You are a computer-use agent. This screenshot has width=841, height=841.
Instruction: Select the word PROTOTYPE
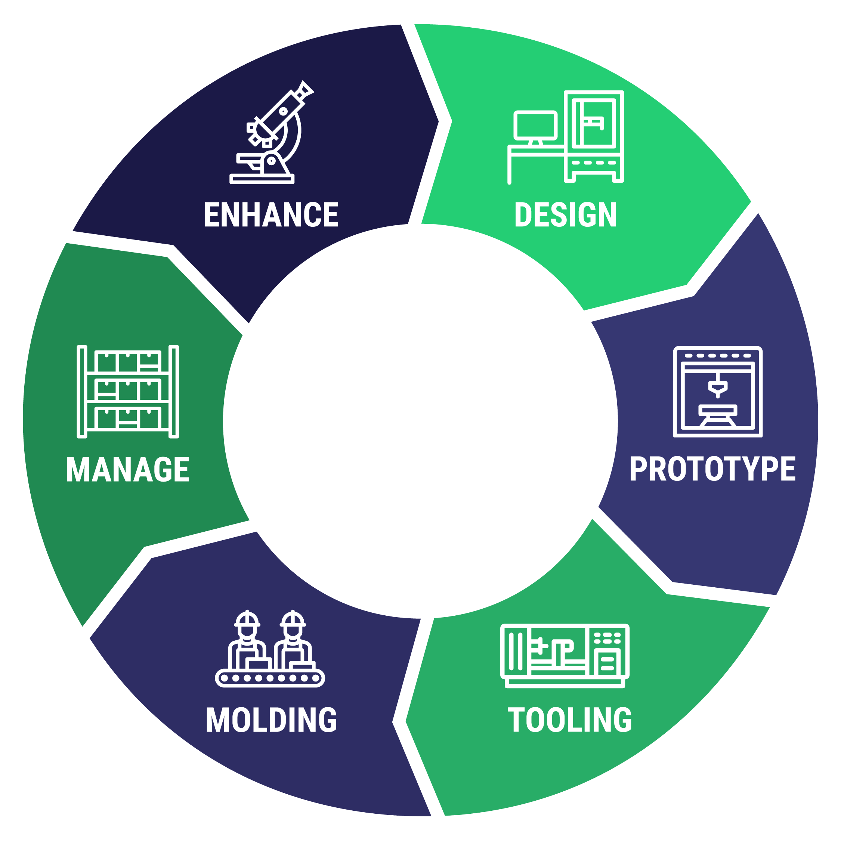click(x=712, y=469)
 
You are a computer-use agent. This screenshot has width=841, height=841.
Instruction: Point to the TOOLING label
click(x=569, y=720)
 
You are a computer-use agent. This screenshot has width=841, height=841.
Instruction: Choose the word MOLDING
click(x=271, y=720)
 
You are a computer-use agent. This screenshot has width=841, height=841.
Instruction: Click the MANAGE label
click(x=127, y=470)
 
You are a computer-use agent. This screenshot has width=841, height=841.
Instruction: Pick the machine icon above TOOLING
click(x=565, y=656)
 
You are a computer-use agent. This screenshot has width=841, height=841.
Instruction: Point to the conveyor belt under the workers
click(x=270, y=678)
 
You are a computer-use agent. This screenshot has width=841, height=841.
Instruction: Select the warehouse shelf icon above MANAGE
click(x=127, y=391)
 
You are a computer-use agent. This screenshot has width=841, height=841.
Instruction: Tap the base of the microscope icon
click(x=262, y=179)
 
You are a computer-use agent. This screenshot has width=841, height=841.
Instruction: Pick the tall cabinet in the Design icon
click(x=593, y=136)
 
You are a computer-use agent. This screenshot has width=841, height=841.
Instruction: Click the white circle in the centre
click(x=420, y=421)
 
